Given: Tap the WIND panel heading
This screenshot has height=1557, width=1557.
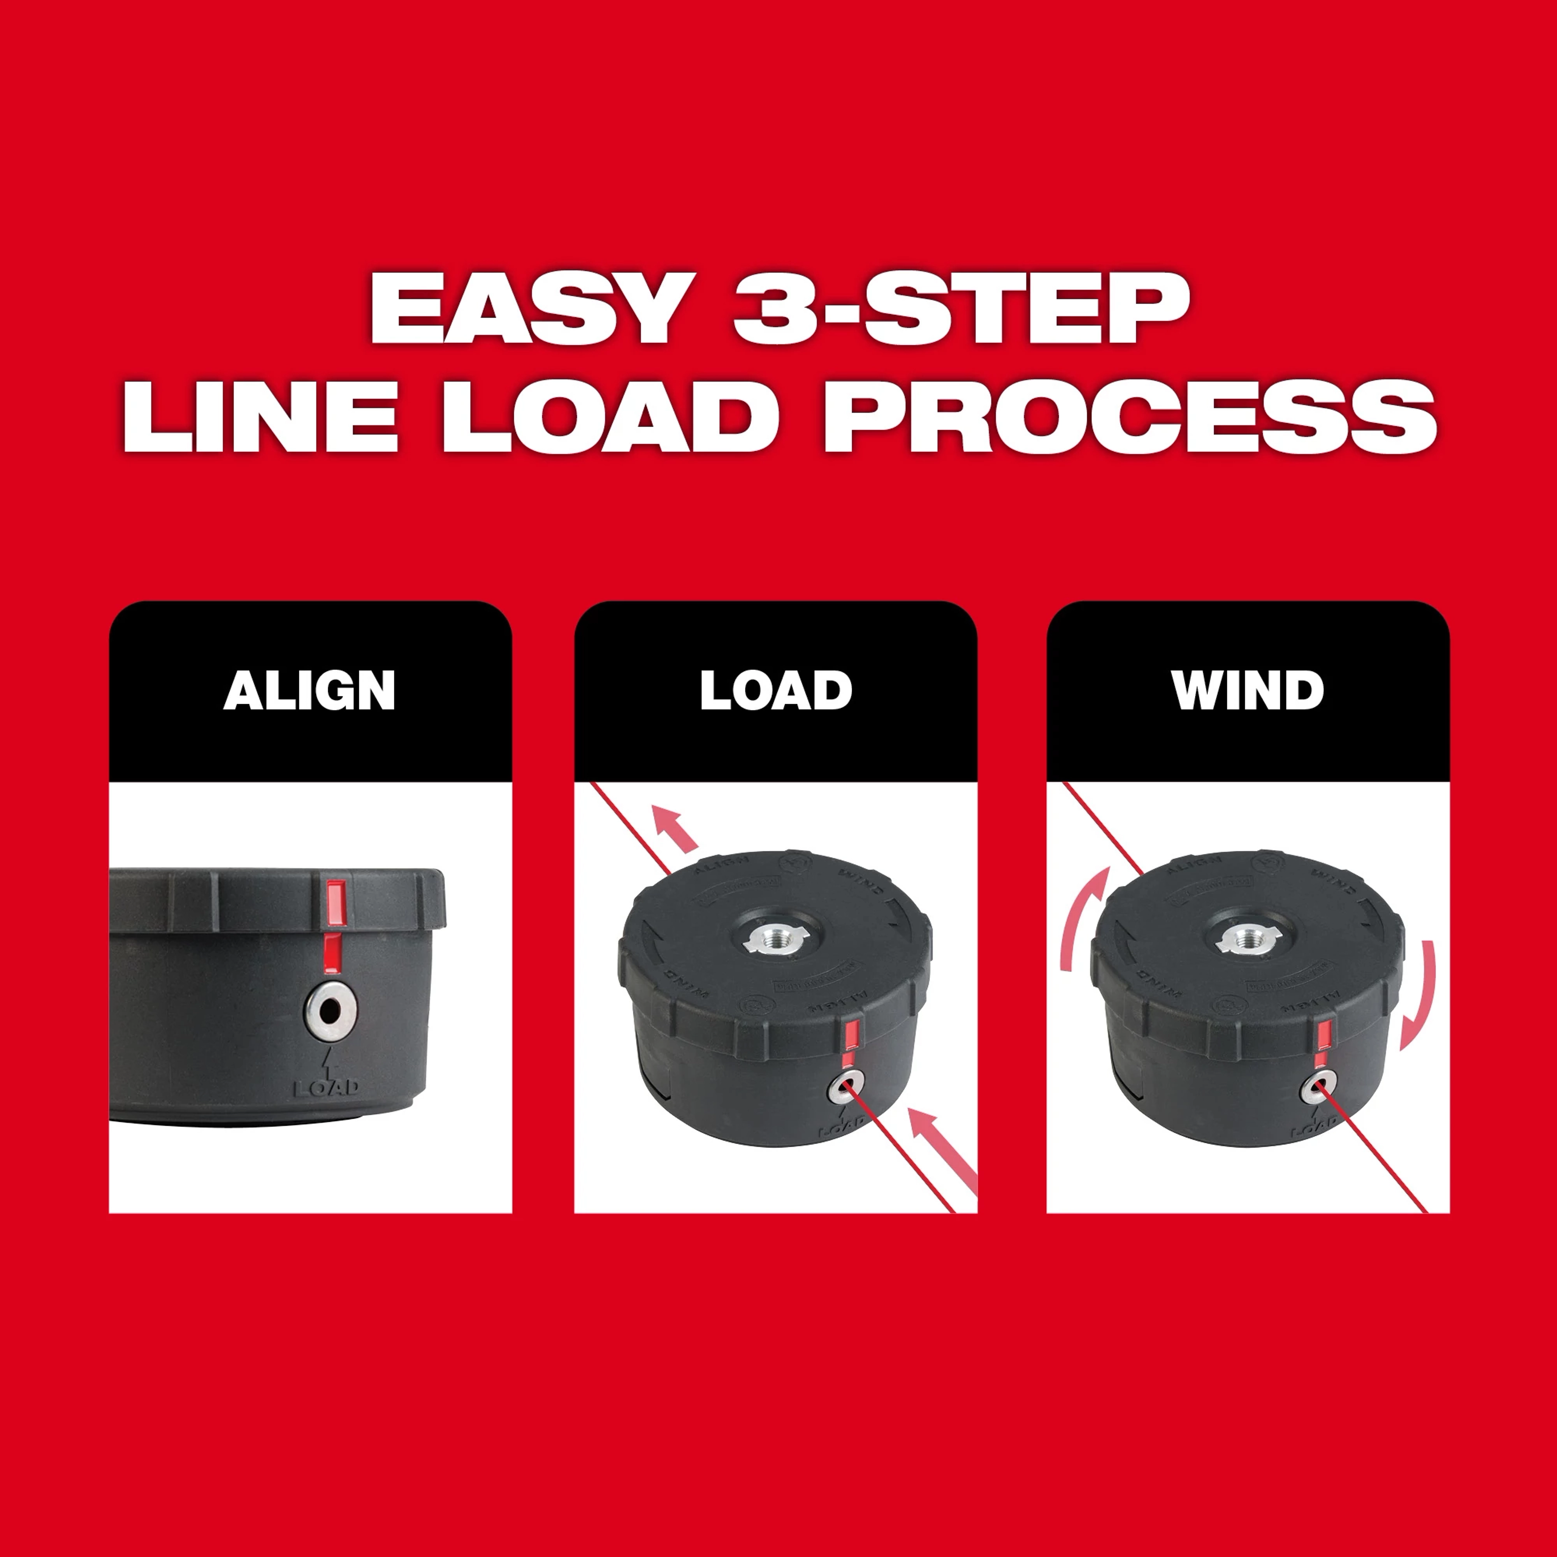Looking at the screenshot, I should [1248, 691].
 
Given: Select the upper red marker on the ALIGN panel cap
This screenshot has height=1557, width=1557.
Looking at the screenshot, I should [335, 903].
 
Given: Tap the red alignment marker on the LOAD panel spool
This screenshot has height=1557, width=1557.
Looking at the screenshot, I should [851, 1040].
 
